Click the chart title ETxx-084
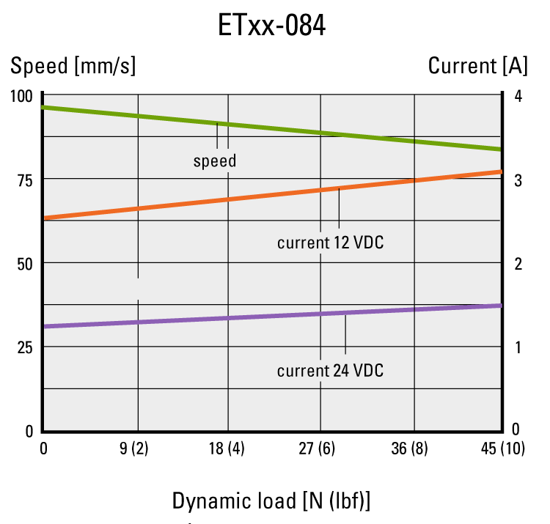coord(271,26)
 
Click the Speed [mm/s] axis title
coord(73,66)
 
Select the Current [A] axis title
coord(477,66)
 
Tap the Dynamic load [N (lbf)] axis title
coord(271,501)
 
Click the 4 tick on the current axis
coord(517,96)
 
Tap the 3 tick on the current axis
coord(517,180)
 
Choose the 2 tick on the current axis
coord(517,263)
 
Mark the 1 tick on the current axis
coord(517,347)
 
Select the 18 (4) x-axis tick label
coord(227,449)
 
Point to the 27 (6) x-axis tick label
coord(320,449)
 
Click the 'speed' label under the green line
coord(215,160)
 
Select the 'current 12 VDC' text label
coord(330,242)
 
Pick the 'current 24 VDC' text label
coord(330,371)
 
